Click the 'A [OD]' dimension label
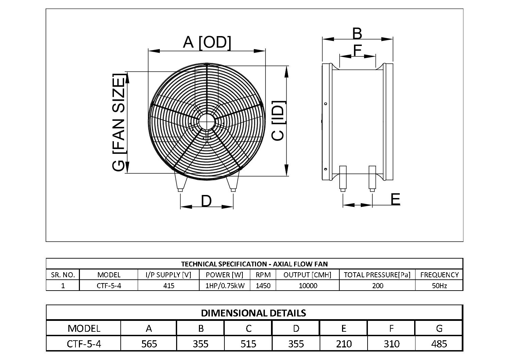click(x=207, y=43)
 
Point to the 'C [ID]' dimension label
click(x=278, y=120)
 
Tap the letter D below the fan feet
click(x=206, y=201)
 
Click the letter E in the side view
click(x=395, y=199)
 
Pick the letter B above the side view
click(x=357, y=34)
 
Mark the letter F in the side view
click(x=357, y=50)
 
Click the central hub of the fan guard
click(x=206, y=121)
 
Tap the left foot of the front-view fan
click(x=180, y=182)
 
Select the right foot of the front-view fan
click(x=233, y=182)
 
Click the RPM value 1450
click(x=263, y=285)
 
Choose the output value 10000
click(x=307, y=285)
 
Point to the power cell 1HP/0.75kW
click(x=225, y=285)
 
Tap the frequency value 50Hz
click(x=439, y=285)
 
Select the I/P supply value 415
click(x=169, y=285)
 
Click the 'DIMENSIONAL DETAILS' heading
click(x=254, y=313)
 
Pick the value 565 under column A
click(x=149, y=344)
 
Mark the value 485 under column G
click(x=439, y=344)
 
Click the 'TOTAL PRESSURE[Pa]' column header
click(x=377, y=275)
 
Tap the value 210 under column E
click(x=343, y=344)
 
